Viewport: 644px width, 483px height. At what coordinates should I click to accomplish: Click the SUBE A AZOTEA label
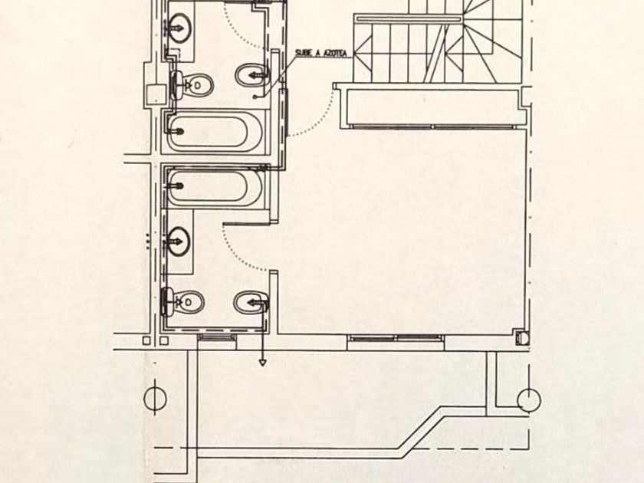pyautogui.click(x=320, y=53)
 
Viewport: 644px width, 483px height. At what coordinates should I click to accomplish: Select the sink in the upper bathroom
pyautogui.click(x=180, y=28)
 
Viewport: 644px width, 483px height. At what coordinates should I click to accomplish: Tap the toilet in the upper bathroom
pyautogui.click(x=192, y=85)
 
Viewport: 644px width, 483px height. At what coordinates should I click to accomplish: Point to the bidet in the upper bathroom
pyautogui.click(x=252, y=75)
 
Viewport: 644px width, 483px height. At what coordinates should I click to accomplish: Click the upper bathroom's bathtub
pyautogui.click(x=214, y=131)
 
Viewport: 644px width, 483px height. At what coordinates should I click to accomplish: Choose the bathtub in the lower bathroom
pyautogui.click(x=214, y=186)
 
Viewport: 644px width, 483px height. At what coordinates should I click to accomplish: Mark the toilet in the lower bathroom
pyautogui.click(x=182, y=302)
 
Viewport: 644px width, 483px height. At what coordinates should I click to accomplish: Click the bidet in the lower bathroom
pyautogui.click(x=251, y=304)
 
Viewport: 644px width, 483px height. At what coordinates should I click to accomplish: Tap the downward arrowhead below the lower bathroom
pyautogui.click(x=262, y=363)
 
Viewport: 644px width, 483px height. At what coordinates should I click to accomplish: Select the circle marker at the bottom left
pyautogui.click(x=155, y=399)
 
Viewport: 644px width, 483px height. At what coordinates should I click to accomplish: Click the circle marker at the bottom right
pyautogui.click(x=529, y=399)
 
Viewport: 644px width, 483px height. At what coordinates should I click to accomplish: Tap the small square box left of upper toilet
pyautogui.click(x=156, y=94)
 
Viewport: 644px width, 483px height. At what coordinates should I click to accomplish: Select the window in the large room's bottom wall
pyautogui.click(x=396, y=338)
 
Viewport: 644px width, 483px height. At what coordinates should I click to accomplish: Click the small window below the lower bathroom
pyautogui.click(x=216, y=337)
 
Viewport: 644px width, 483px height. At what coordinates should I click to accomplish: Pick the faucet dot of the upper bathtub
pyautogui.click(x=179, y=131)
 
